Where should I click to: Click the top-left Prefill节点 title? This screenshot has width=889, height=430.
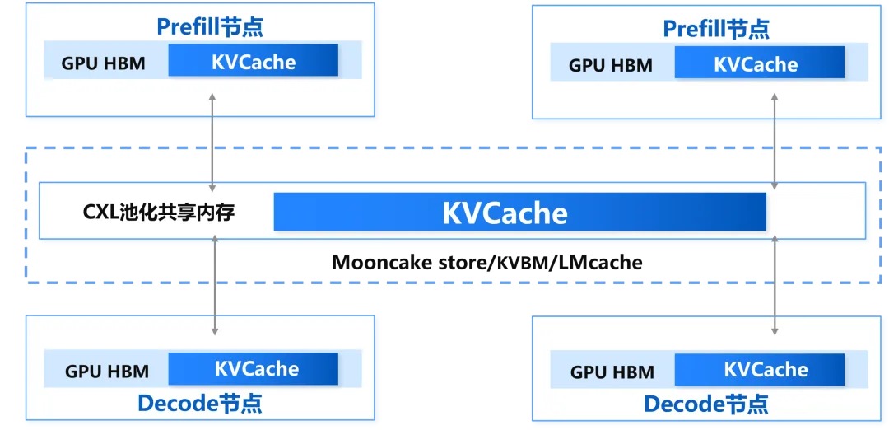pos(210,27)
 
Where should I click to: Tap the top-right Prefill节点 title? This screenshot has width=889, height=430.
pos(716,29)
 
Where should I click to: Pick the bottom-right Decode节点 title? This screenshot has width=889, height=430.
pos(706,404)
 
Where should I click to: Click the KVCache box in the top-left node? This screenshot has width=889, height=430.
pos(253,62)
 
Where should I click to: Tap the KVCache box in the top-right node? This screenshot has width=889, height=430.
pos(759,63)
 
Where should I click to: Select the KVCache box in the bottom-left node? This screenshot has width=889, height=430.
pos(254,368)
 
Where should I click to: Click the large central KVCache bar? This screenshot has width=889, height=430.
pos(519,213)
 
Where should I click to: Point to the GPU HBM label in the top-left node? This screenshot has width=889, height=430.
pos(104,63)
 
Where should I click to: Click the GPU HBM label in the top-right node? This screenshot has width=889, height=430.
pos(610,65)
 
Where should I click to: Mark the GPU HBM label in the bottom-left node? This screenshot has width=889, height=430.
pos(107,371)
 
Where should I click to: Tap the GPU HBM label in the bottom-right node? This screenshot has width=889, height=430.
pos(612,372)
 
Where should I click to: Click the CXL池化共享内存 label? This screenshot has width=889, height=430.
pos(159,213)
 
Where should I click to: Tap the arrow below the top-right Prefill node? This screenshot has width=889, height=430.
pos(775,140)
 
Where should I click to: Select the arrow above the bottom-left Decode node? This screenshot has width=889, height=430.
pos(215,284)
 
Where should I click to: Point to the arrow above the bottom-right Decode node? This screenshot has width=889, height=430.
pos(775,284)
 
